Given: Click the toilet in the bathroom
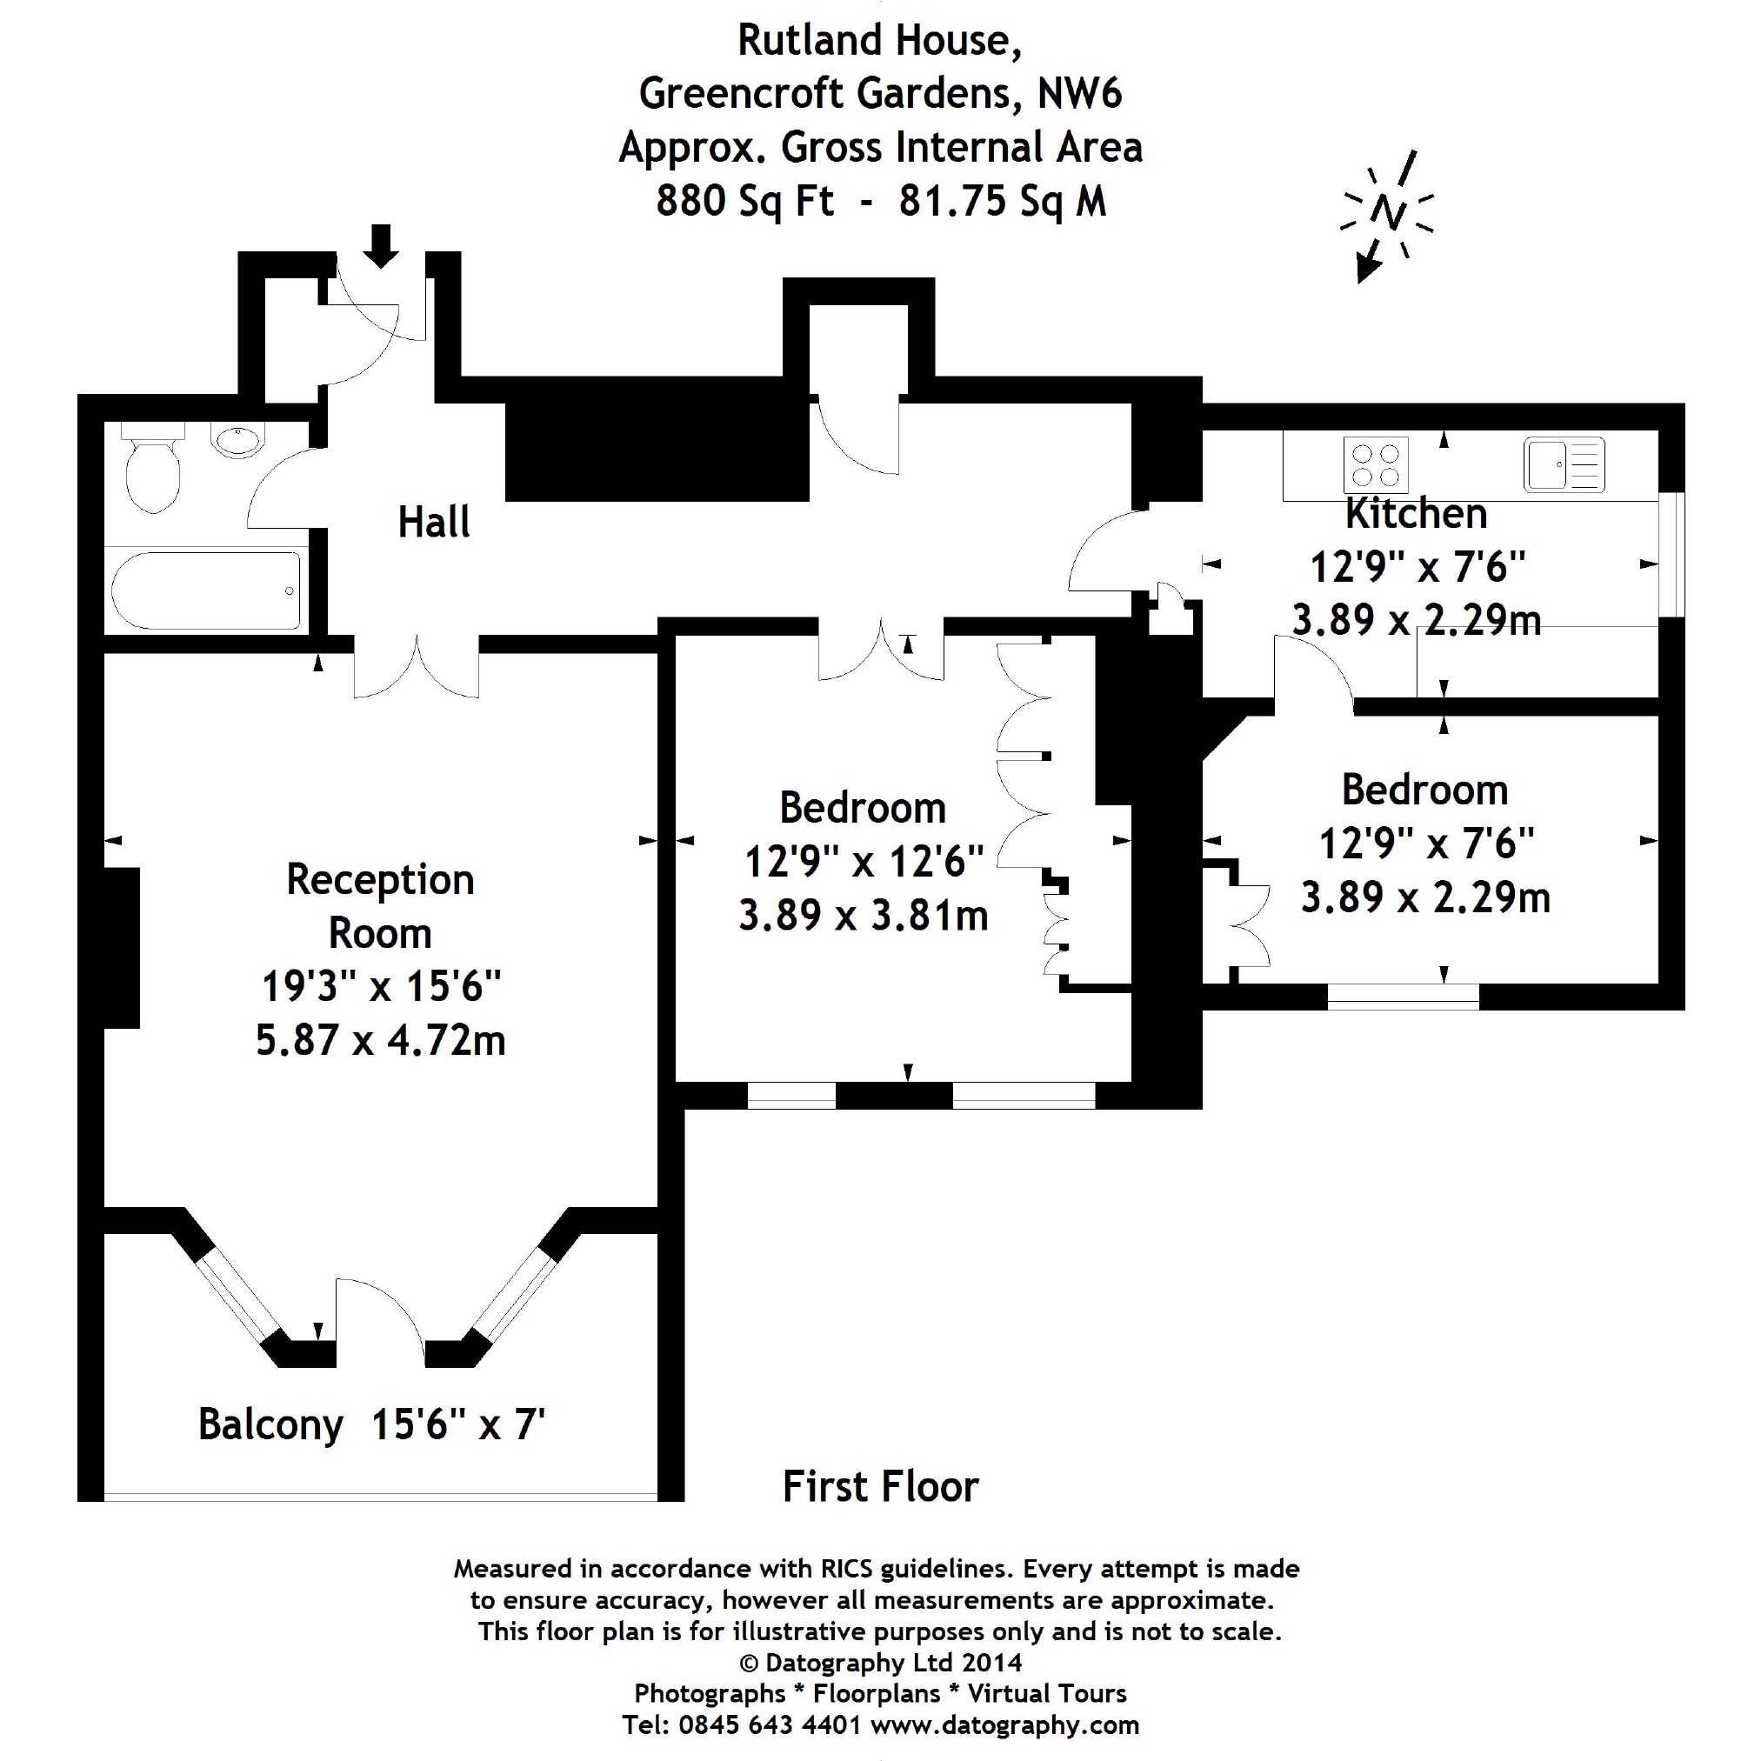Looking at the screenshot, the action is tap(153, 470).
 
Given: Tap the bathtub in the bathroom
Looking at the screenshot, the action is tap(206, 590).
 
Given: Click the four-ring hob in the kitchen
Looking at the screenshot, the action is tap(1376, 465).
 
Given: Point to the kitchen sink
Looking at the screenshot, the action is tap(1564, 465).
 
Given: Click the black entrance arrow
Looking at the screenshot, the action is tap(381, 245).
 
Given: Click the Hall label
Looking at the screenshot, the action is tap(434, 524).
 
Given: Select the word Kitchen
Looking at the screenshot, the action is tap(1416, 514).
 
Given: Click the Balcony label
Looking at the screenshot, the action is tap(270, 1424).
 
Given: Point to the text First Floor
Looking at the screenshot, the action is tap(880, 1487).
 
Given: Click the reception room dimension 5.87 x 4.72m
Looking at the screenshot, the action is tap(380, 1040).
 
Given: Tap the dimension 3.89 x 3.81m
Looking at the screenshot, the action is tap(863, 915).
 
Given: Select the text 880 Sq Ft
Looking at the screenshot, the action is tap(744, 201).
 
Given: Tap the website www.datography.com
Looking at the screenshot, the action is tap(1004, 1724).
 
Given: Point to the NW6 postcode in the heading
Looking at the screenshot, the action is tap(1079, 94).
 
